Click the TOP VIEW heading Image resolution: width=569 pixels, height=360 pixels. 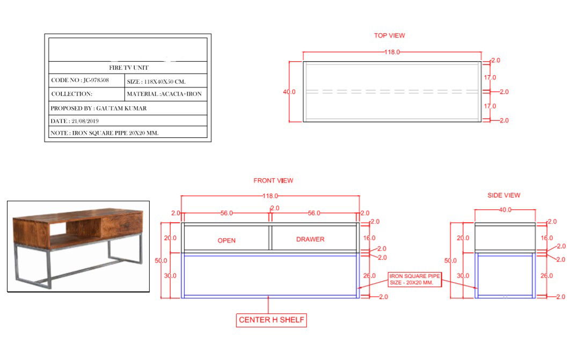389,35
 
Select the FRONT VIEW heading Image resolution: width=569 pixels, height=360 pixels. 273,181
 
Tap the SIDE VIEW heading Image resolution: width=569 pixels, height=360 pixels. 504,195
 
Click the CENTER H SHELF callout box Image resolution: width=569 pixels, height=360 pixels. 272,320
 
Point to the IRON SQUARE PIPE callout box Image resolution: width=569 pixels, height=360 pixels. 415,279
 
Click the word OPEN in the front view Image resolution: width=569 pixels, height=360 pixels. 227,240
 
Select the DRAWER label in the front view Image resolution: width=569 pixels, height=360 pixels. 310,239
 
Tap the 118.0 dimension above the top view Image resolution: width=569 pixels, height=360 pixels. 391,52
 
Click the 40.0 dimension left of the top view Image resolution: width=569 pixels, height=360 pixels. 289,92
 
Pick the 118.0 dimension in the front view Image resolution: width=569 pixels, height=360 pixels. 269,196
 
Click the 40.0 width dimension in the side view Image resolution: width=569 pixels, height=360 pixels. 505,210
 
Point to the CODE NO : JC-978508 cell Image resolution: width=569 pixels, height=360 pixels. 86,80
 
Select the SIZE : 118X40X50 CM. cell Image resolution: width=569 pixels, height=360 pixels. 166,82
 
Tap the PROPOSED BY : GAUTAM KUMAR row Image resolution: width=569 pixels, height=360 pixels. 127,108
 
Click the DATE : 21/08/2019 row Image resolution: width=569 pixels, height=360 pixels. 127,121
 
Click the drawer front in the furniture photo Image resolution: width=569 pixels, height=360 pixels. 122,224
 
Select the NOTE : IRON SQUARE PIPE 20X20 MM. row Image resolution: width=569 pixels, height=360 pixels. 127,133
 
